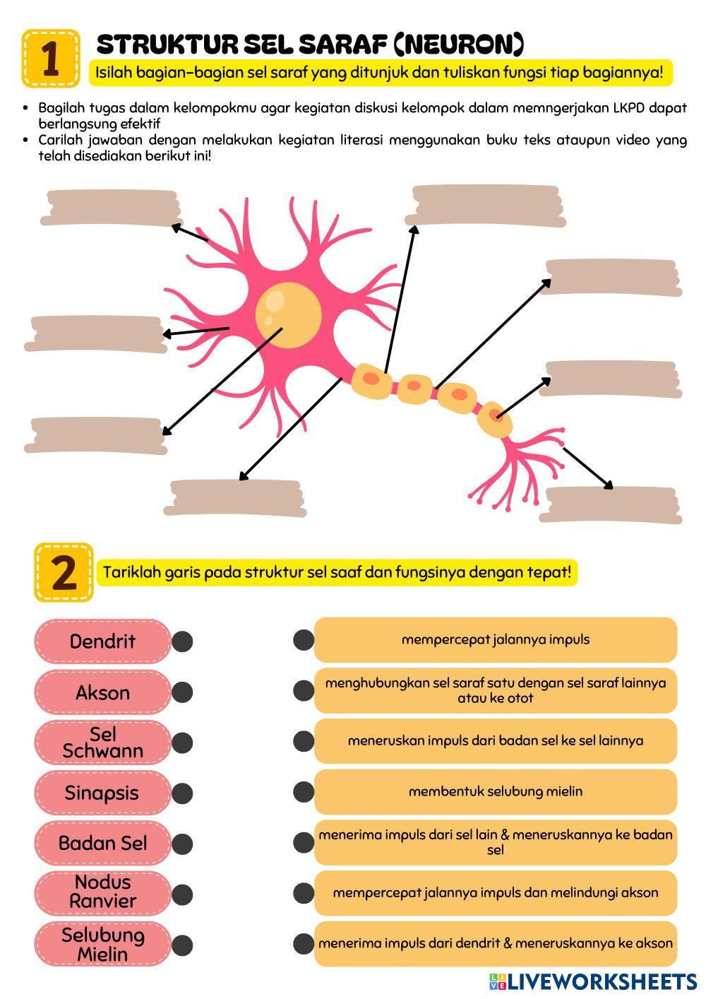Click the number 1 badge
click(x=50, y=59)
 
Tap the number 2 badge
click(x=64, y=572)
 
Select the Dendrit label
click(x=103, y=642)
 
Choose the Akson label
click(x=103, y=692)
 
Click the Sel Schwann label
click(x=103, y=743)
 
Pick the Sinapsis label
click(x=103, y=793)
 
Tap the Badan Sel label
click(x=103, y=844)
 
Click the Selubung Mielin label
click(x=103, y=945)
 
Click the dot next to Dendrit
click(x=182, y=642)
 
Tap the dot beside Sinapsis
click(x=182, y=793)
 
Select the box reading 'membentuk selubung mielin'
click(x=496, y=791)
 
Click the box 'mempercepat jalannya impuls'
click(x=496, y=640)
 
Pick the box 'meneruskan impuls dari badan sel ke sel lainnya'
click(x=496, y=741)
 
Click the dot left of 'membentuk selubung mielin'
click(x=304, y=791)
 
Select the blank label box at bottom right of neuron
click(x=611, y=505)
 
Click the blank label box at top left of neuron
click(x=111, y=208)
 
